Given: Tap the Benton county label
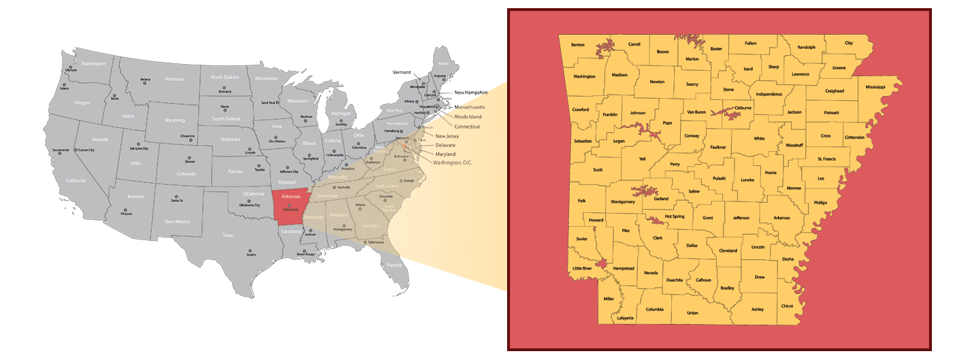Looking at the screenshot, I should pos(578,45).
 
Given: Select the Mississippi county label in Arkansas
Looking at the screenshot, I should pos(875,87).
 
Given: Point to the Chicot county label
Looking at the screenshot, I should pos(787,306).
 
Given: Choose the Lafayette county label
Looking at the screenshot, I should pos(625,318).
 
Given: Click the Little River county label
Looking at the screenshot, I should pos(582,269).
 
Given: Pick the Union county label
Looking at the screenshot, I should pos(692,313).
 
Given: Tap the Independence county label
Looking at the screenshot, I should pos(769,94).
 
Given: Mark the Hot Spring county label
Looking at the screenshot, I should pos(674,216).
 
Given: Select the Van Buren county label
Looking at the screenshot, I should pos(696,112).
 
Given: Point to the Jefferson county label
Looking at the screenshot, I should pos(741,218).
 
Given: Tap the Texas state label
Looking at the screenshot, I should pos(227,235).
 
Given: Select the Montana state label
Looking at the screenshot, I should pos(174,79).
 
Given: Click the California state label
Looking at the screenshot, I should pos(76,180).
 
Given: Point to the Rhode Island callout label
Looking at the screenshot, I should pos(468,116).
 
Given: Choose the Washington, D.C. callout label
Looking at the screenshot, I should pos(452,163).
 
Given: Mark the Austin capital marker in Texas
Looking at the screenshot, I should pos(251,250).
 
